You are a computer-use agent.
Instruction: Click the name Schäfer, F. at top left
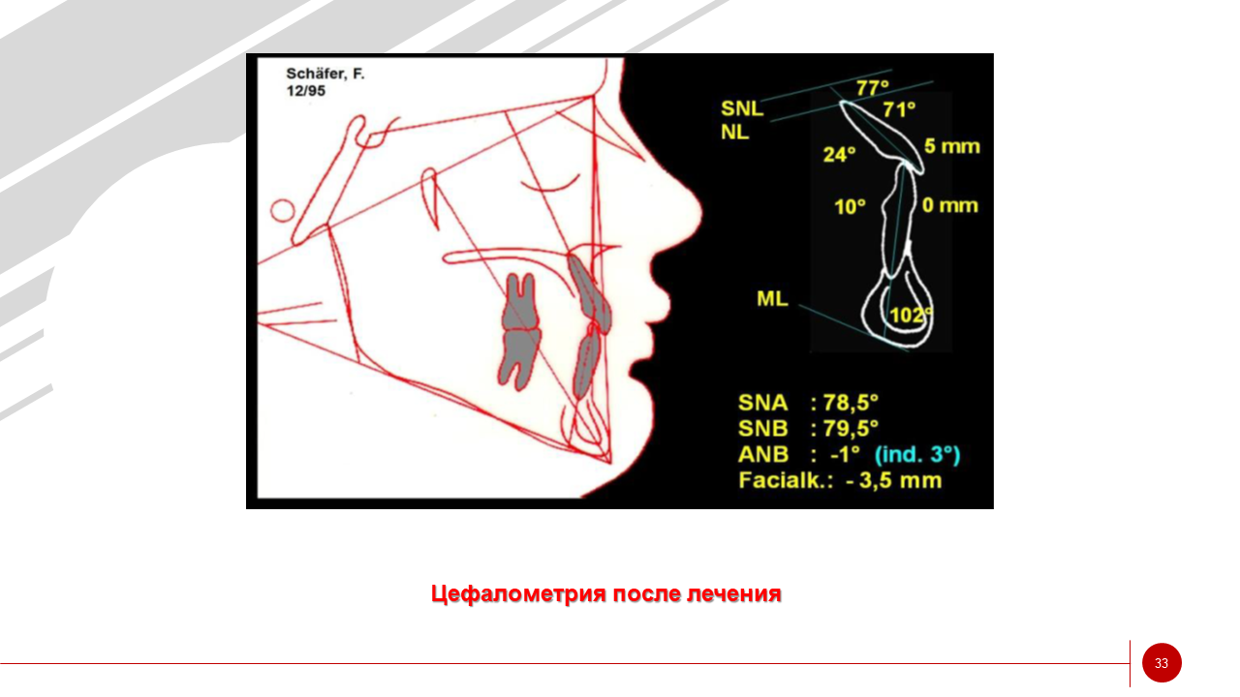(x=325, y=74)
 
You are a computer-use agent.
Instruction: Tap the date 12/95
(x=305, y=91)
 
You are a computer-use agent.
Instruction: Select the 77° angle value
(x=873, y=87)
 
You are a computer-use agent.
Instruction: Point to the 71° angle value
(x=899, y=109)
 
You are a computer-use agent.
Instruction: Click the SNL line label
(x=742, y=108)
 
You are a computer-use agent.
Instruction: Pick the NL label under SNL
(x=734, y=133)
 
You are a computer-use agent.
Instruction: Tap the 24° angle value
(x=839, y=154)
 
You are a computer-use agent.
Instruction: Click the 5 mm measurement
(x=952, y=146)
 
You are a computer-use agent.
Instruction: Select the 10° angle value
(x=850, y=207)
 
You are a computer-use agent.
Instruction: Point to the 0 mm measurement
(x=950, y=205)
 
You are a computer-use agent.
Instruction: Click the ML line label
(x=772, y=299)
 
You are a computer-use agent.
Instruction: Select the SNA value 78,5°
(x=851, y=403)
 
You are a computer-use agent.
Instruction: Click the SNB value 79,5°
(x=851, y=429)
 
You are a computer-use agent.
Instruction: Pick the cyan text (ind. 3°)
(x=917, y=454)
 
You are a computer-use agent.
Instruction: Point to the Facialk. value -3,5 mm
(x=894, y=480)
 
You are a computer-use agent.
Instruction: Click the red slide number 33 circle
(x=1162, y=663)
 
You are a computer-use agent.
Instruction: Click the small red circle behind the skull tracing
(x=282, y=211)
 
